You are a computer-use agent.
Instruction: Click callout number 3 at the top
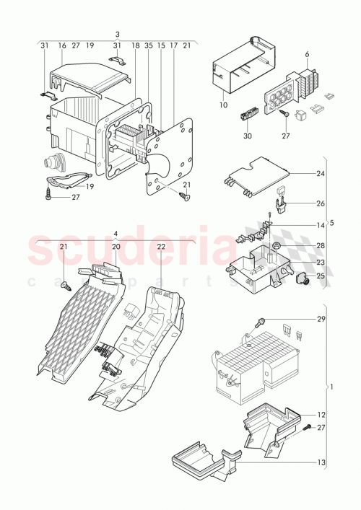(x=118, y=34)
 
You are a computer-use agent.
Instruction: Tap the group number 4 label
(x=115, y=234)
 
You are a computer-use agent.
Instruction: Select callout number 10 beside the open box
(x=223, y=105)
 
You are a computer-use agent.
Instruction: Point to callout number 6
(x=307, y=54)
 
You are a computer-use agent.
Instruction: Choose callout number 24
(x=320, y=173)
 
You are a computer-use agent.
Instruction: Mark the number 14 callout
(x=320, y=225)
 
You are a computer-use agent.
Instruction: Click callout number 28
(x=320, y=247)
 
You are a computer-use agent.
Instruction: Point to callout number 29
(x=320, y=318)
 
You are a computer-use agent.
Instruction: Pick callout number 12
(x=320, y=414)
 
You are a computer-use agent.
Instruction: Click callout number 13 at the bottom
(x=320, y=462)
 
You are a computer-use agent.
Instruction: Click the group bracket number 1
(x=332, y=387)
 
